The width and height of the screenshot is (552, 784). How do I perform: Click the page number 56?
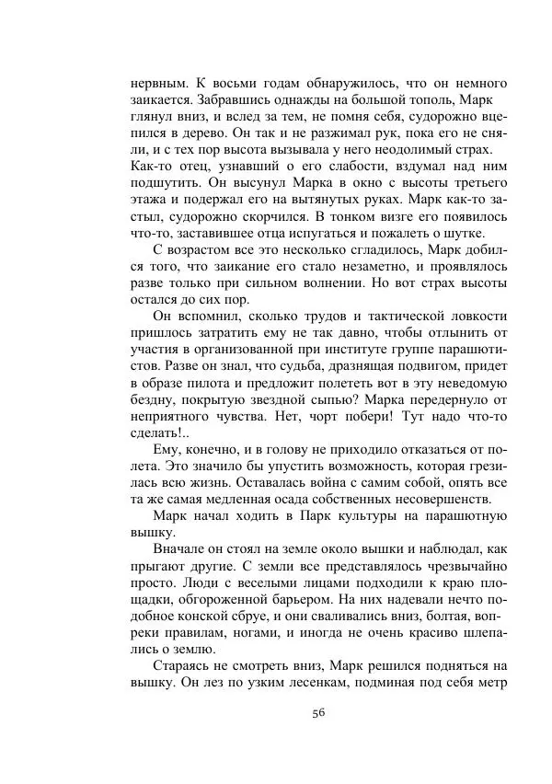point(318,711)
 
